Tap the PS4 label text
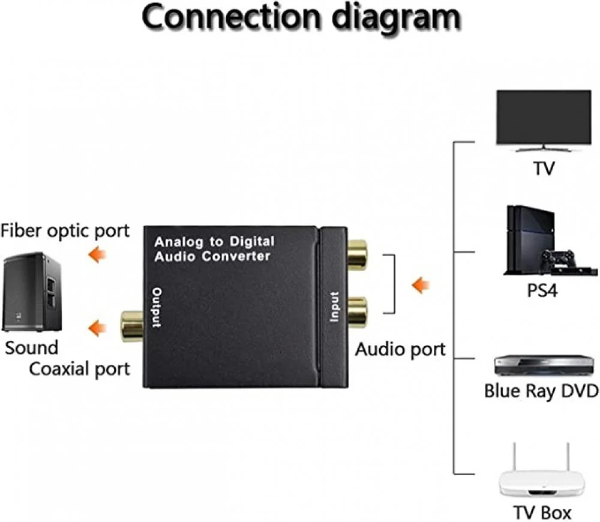(x=542, y=291)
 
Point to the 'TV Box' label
(x=542, y=512)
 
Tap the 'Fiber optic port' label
(x=65, y=230)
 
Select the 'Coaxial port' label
(x=79, y=368)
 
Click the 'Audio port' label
(x=400, y=349)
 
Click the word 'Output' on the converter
(x=157, y=307)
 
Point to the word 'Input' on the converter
(x=335, y=306)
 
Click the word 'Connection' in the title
(x=224, y=18)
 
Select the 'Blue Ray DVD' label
(x=541, y=391)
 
